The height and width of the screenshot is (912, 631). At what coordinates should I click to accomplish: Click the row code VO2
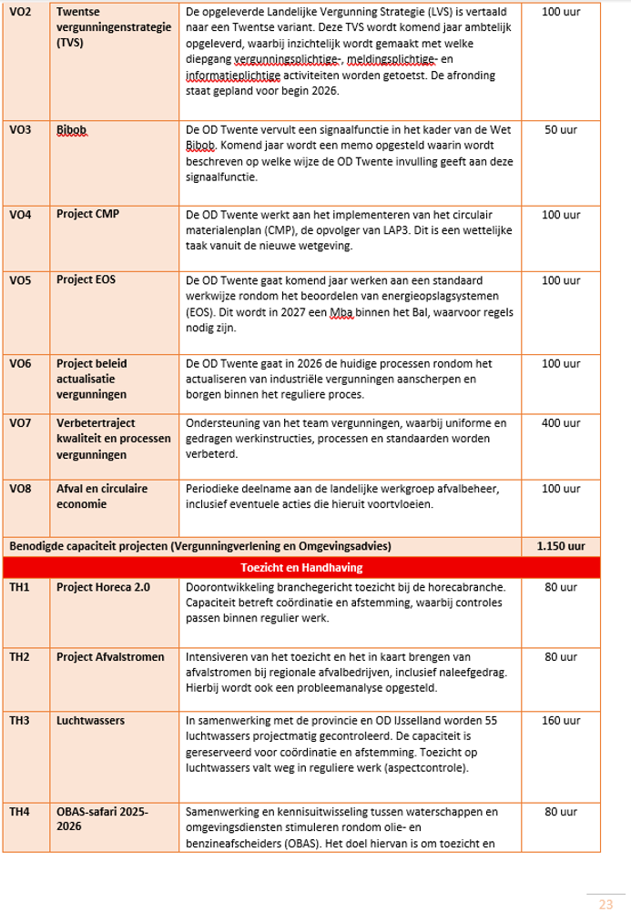point(20,14)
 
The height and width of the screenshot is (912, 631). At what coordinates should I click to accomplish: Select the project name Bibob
point(71,130)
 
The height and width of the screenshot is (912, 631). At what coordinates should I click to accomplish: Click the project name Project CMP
point(87,214)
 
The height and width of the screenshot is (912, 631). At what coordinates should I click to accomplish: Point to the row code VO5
point(20,280)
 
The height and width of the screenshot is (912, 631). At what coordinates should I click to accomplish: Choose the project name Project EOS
point(87,280)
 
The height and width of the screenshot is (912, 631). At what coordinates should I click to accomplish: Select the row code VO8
point(20,490)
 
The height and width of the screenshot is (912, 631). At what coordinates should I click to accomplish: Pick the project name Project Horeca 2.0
point(103,587)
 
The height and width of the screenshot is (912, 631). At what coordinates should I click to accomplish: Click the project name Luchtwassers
point(91,720)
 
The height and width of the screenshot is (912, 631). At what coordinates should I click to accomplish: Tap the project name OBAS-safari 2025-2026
point(101,817)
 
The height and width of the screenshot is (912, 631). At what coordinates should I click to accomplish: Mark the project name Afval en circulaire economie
point(101,496)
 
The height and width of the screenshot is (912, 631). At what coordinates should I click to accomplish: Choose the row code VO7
point(20,423)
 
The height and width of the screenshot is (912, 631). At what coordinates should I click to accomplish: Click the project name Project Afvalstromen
point(108,656)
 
